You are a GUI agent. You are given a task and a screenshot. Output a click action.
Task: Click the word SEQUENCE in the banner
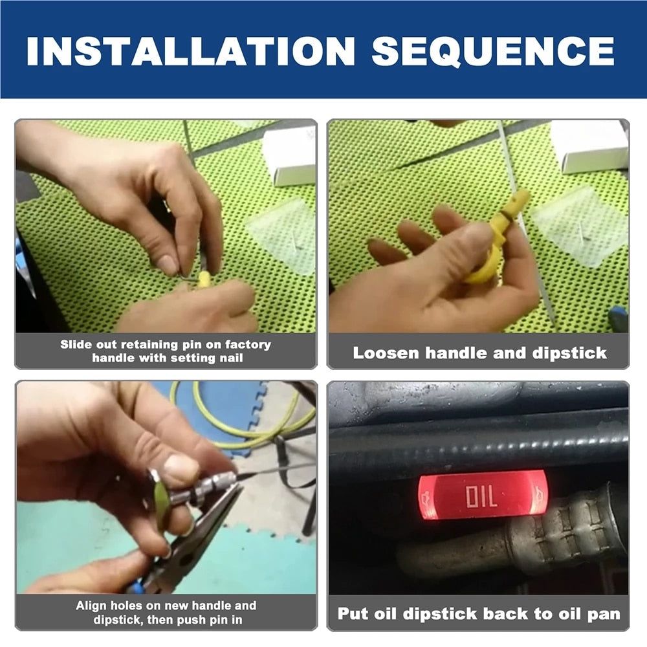pos(493,50)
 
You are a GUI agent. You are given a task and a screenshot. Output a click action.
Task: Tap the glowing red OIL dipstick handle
pos(482,495)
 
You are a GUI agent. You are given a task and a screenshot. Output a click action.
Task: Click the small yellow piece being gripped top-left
pos(204,280)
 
